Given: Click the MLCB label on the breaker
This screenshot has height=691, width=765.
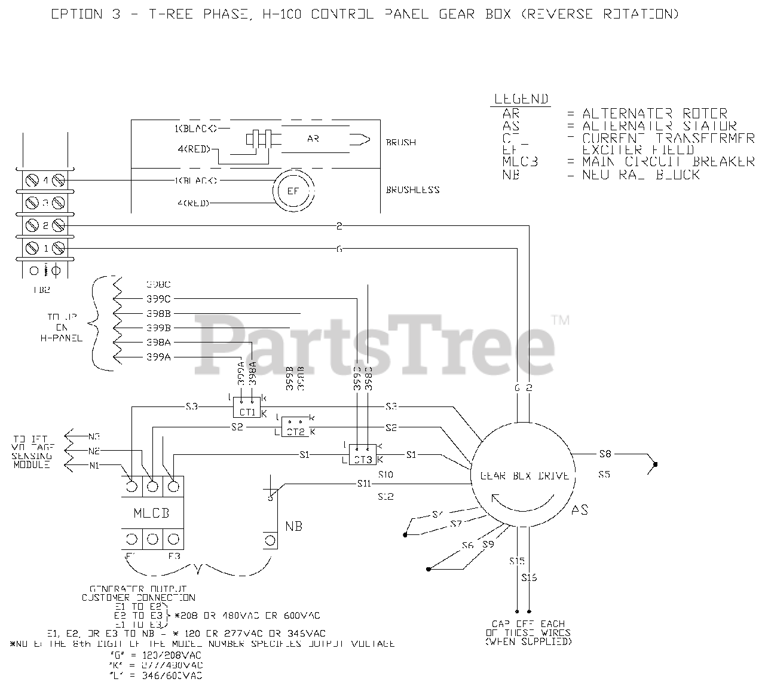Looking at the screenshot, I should coord(152,513).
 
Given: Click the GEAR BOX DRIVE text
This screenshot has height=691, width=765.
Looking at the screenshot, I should coord(524,476).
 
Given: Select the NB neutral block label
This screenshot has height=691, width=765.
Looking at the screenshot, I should coord(293,527).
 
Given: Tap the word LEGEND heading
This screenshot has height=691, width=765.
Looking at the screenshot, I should coord(521,99).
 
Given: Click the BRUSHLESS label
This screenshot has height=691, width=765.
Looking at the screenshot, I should coord(412,189).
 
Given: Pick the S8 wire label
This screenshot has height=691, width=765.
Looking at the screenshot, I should coord(605,454).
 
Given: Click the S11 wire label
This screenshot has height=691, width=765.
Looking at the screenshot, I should coord(364,483).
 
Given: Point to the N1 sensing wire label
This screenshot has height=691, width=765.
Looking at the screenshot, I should coord(94,465).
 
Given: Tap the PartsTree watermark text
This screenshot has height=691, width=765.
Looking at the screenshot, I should coord(375,342).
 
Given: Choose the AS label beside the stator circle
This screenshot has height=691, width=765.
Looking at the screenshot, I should coord(579,510).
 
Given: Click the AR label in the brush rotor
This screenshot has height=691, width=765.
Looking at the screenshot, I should coord(313,139).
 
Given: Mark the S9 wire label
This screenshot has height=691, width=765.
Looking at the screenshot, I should coord(488,545).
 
